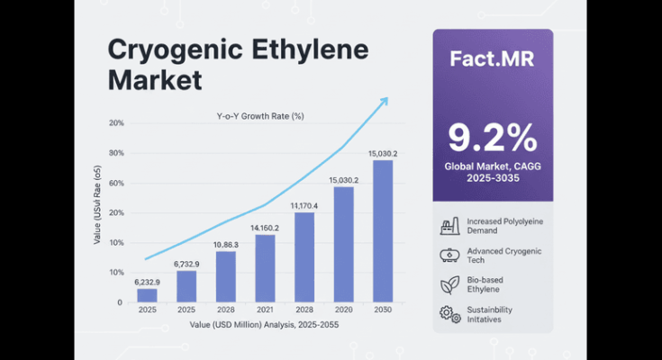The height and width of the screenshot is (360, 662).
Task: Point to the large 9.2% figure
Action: (x=492, y=139)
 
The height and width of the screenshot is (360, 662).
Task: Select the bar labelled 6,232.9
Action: (x=147, y=295)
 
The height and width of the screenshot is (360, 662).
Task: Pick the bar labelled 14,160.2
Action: (x=265, y=268)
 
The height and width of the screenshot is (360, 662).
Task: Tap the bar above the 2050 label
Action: (x=383, y=230)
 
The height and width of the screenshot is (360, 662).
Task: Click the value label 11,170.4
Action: (x=304, y=205)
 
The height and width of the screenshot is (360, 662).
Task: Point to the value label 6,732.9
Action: (x=186, y=264)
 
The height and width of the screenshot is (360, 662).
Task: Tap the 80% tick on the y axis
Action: (x=116, y=153)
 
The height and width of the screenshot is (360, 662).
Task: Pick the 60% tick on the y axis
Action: (x=116, y=183)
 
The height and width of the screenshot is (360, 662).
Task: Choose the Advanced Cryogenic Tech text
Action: (x=504, y=255)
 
